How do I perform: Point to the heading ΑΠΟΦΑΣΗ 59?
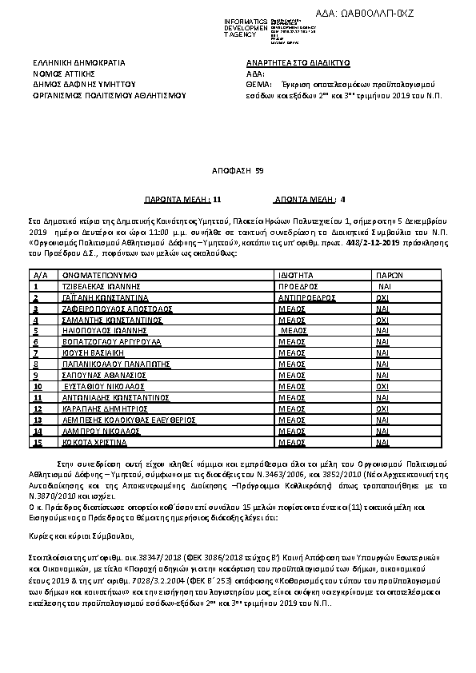pyautogui.click(x=238, y=171)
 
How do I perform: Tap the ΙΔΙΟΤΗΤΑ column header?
pyautogui.click(x=295, y=273)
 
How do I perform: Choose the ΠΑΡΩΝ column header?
pyautogui.click(x=389, y=273)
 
